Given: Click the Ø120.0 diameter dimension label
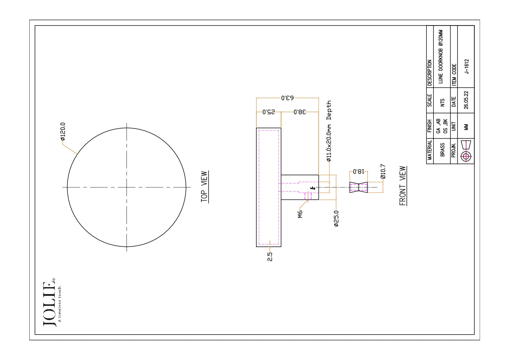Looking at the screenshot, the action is click(63, 132).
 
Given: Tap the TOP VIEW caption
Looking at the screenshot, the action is click(204, 187).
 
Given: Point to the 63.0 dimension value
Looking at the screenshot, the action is click(287, 98).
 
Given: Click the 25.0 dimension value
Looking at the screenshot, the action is click(269, 112).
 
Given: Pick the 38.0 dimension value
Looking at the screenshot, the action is click(300, 112).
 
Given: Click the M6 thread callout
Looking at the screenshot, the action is click(300, 214).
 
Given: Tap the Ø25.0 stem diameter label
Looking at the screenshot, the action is click(336, 218).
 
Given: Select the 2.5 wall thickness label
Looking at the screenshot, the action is click(270, 257).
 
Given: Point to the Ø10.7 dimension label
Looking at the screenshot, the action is click(383, 171).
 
